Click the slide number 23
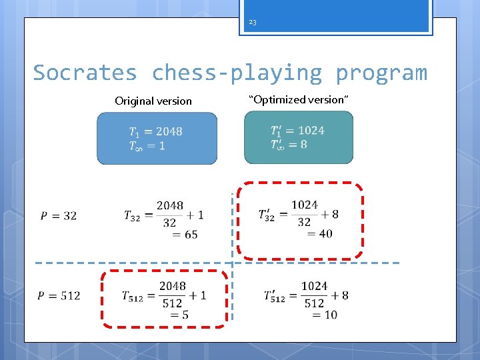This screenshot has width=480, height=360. (x=252, y=23)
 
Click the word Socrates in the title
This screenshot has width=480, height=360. (x=85, y=72)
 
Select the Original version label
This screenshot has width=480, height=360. (x=153, y=101)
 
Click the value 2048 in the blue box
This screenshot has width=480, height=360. (x=169, y=131)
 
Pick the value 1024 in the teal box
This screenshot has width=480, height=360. (x=311, y=131)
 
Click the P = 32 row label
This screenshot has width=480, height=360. (x=59, y=215)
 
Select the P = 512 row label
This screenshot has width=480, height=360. (x=59, y=295)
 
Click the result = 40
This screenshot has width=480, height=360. (x=321, y=234)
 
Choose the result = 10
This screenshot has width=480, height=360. (x=323, y=315)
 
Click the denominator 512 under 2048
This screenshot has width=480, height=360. (x=173, y=303)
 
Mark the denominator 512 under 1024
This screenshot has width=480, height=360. (x=314, y=303)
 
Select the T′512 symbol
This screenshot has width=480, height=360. (x=274, y=295)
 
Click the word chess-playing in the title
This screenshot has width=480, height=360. (x=237, y=72)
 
